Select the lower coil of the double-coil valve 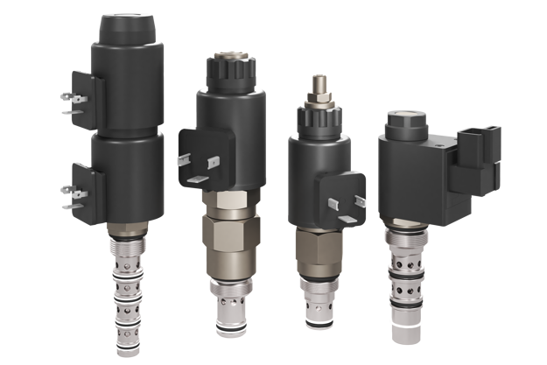(131, 175)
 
